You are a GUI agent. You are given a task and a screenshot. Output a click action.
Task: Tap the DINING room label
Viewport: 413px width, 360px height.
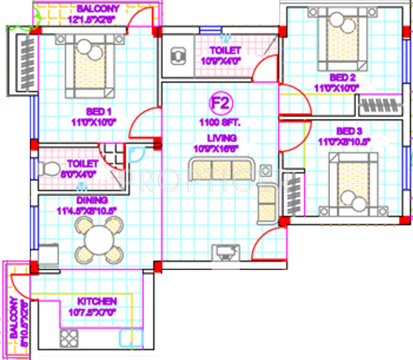pos(92,200)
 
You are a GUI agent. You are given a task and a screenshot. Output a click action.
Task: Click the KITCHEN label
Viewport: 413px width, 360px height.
pos(97,301)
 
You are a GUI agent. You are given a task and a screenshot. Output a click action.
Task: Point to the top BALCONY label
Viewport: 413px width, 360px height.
pos(97,9)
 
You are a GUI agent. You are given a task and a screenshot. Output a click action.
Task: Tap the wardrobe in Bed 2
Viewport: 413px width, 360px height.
pos(378,104)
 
